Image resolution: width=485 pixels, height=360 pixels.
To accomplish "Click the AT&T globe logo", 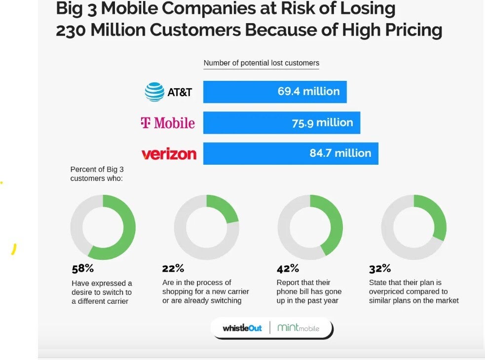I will tap(154, 92).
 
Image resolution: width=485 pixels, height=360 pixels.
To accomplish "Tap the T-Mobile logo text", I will tap(168, 123).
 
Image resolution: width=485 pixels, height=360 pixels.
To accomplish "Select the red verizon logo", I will tap(169, 154).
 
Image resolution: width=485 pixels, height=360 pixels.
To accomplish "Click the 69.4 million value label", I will tap(308, 91).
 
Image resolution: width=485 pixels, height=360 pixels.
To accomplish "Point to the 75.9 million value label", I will tap(322, 122).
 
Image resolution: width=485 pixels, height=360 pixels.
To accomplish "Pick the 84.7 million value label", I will tap(340, 153).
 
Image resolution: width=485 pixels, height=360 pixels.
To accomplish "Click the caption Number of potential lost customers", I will tap(261, 63).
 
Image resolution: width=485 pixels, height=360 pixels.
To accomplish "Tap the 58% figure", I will tap(82, 269).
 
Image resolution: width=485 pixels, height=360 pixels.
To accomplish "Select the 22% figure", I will tap(173, 269).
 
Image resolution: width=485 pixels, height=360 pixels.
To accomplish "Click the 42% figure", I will tap(288, 269).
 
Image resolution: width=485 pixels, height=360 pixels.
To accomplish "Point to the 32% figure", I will tap(380, 269).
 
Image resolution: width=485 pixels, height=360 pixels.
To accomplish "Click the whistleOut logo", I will tap(242, 328).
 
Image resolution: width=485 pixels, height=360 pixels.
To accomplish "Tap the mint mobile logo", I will tap(298, 328).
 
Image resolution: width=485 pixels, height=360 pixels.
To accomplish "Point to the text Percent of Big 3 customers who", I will tap(97, 174).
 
